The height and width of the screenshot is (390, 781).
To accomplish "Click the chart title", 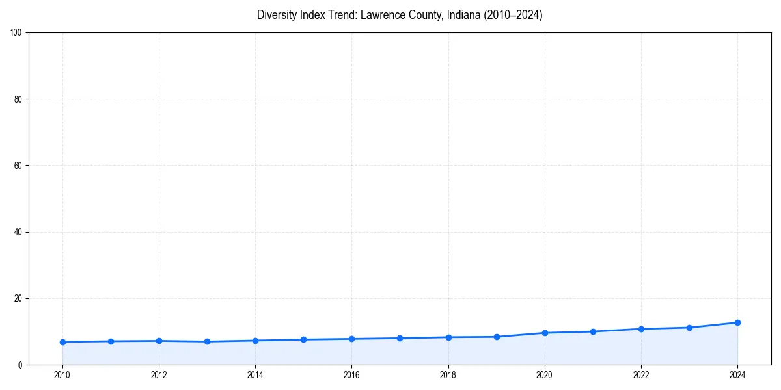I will pos(400,15).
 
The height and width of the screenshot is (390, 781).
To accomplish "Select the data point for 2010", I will pos(62,342).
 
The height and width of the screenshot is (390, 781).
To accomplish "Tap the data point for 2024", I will pos(737,322).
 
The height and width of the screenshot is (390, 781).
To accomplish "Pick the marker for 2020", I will pos(545,333).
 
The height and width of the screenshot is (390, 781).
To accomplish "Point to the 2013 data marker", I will pos(207,341).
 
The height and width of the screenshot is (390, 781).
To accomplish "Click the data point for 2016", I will pos(351,339).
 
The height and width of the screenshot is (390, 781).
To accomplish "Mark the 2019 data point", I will pos(497,337).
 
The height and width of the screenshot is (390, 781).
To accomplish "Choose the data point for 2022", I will pos(641,329).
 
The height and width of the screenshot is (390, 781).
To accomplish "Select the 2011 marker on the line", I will pos(111,341).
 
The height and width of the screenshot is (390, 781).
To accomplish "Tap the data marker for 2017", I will pos(400,338).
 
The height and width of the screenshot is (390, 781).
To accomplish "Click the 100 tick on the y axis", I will pos(16,32).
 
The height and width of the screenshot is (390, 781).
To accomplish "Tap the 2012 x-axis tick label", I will pos(159,375).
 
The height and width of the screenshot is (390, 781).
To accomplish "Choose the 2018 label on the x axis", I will pos(448,375).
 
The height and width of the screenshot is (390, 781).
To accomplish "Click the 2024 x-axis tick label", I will pos(737,375).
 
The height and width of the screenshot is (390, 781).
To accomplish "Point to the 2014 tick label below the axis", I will pos(255,375).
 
